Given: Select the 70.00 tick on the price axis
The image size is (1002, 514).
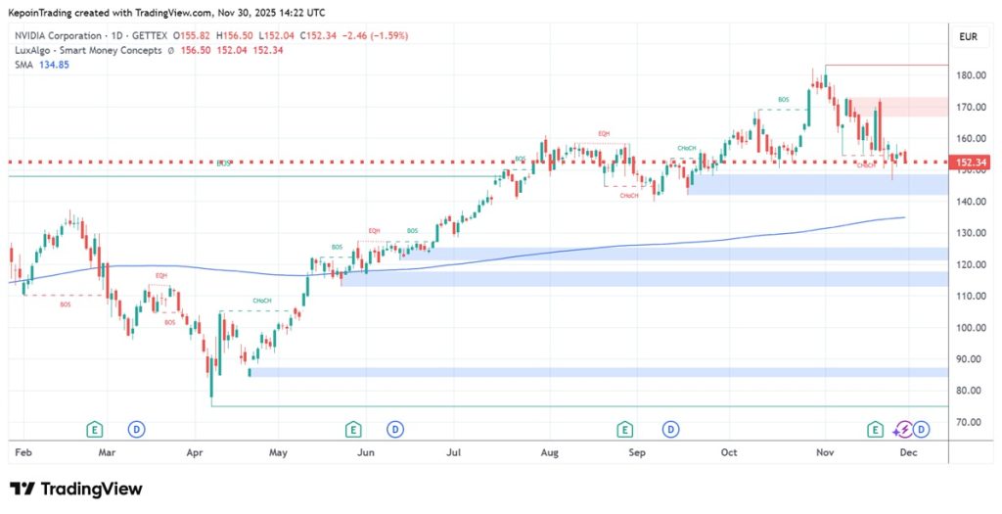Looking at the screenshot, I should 968,423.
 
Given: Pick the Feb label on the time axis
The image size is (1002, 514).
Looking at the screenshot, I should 23,453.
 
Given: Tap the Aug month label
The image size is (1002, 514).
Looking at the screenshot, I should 549,453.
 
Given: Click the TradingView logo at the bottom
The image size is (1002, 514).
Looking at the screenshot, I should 76,489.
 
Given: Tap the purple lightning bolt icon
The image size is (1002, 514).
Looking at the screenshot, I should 904,429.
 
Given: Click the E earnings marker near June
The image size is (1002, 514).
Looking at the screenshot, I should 352,429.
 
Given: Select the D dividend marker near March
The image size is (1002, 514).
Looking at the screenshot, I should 137,429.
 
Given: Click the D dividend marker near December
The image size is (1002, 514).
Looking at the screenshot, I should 922,429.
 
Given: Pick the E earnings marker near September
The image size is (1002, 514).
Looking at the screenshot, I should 624,429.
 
